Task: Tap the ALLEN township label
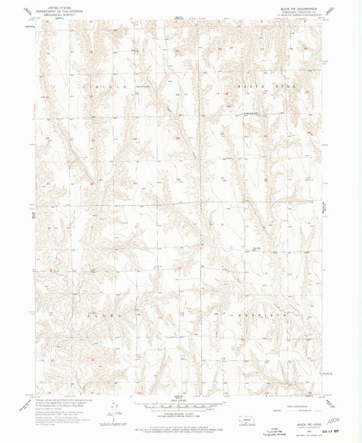pos(105,316)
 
